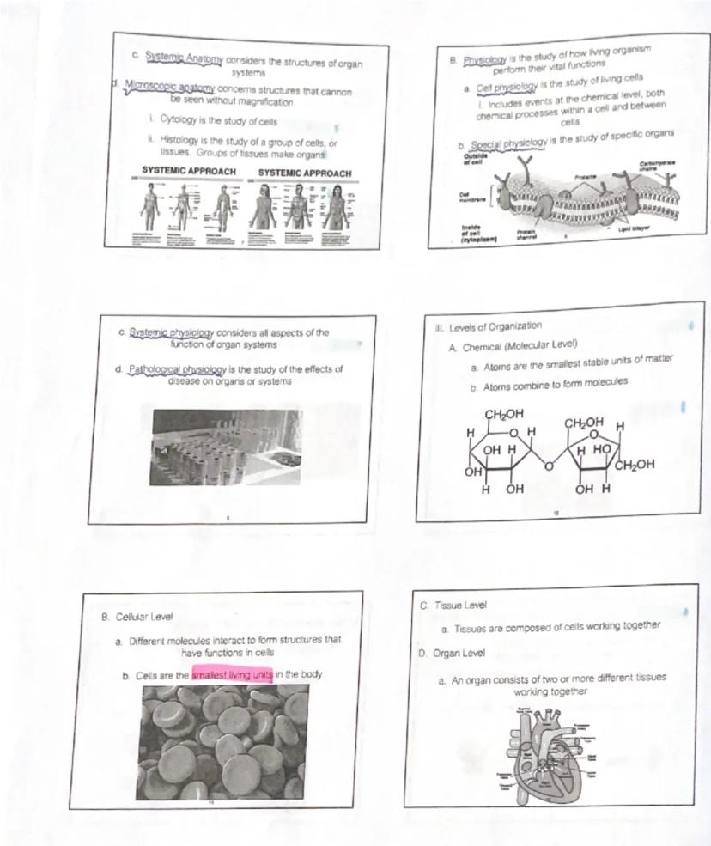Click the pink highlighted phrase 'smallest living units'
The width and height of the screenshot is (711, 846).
pyautogui.click(x=233, y=675)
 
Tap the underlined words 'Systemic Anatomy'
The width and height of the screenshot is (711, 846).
pyautogui.click(x=184, y=57)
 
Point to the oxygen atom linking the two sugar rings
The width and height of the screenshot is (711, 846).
pyautogui.click(x=550, y=465)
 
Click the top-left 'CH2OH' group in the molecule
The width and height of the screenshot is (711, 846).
pyautogui.click(x=505, y=416)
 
